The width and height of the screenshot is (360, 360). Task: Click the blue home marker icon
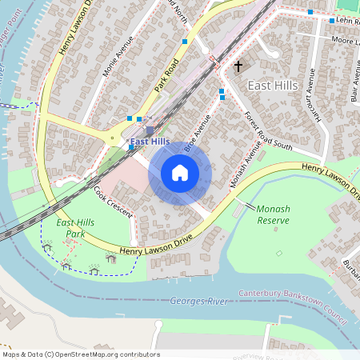[x=180, y=173]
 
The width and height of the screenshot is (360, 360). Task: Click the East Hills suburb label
[x=273, y=85]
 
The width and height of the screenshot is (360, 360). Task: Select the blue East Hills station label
[x=150, y=142]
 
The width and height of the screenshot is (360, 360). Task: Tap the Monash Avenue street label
[x=246, y=164]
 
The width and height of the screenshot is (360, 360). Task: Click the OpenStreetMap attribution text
[x=80, y=354]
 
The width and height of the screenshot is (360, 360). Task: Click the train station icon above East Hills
[x=150, y=130]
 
